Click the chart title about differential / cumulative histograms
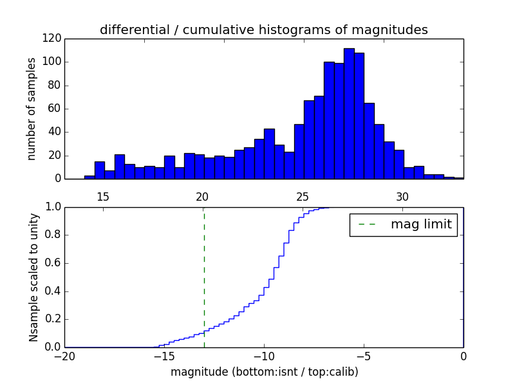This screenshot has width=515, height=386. pos(263,30)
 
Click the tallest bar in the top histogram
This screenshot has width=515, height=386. pos(349,113)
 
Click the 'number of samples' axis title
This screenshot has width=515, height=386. pos(32,109)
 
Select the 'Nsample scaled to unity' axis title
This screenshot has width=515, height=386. pos(33,277)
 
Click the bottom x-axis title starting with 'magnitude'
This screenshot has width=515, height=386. pos(264,372)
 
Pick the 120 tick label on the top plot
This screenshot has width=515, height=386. pos(52,39)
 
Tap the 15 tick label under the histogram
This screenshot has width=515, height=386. pos(102,196)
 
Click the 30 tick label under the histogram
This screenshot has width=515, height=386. pos(402,196)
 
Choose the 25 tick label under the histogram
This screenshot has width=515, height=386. pos(303,196)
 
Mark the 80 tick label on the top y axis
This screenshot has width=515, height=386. pos(55,86)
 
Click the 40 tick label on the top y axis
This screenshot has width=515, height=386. pos(55,133)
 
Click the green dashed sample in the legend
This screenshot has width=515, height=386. pos(366,225)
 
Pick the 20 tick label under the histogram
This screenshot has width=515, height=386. pos(202,196)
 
